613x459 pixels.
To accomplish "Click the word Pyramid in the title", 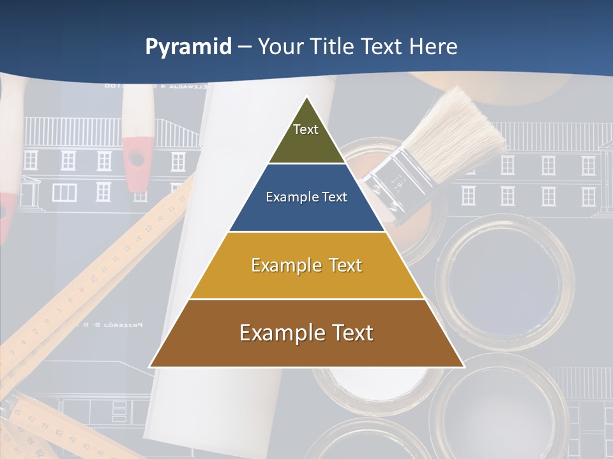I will (188, 47).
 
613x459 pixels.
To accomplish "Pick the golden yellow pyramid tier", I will (306, 280).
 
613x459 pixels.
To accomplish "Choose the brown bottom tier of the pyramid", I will (306, 347).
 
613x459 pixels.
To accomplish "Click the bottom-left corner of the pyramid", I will (150, 367).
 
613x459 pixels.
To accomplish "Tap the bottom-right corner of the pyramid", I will (464, 367).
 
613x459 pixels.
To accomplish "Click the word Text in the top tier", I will (306, 129).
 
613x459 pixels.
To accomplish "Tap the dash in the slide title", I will (245, 47).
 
